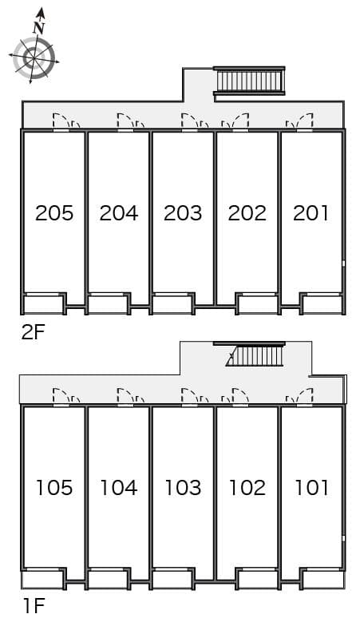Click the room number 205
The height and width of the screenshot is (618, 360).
[54, 213]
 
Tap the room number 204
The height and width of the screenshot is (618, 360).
[119, 213]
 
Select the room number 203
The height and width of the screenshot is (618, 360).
[183, 213]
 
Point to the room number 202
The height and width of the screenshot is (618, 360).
[247, 213]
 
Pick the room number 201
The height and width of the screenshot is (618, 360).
[311, 213]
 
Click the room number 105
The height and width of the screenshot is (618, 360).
[54, 487]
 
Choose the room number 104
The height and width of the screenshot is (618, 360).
[119, 487]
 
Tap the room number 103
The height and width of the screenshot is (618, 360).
[183, 487]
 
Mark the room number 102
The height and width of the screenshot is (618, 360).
[247, 487]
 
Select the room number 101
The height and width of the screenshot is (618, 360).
[311, 487]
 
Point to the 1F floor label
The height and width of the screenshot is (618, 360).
[33, 606]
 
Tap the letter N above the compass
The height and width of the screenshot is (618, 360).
[38, 27]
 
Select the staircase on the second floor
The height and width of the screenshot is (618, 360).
[250, 81]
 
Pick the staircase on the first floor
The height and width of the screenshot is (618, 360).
[257, 355]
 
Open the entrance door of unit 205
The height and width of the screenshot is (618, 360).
[61, 122]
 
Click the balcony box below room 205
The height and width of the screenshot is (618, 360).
[44, 304]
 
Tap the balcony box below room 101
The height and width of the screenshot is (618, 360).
[321, 579]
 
